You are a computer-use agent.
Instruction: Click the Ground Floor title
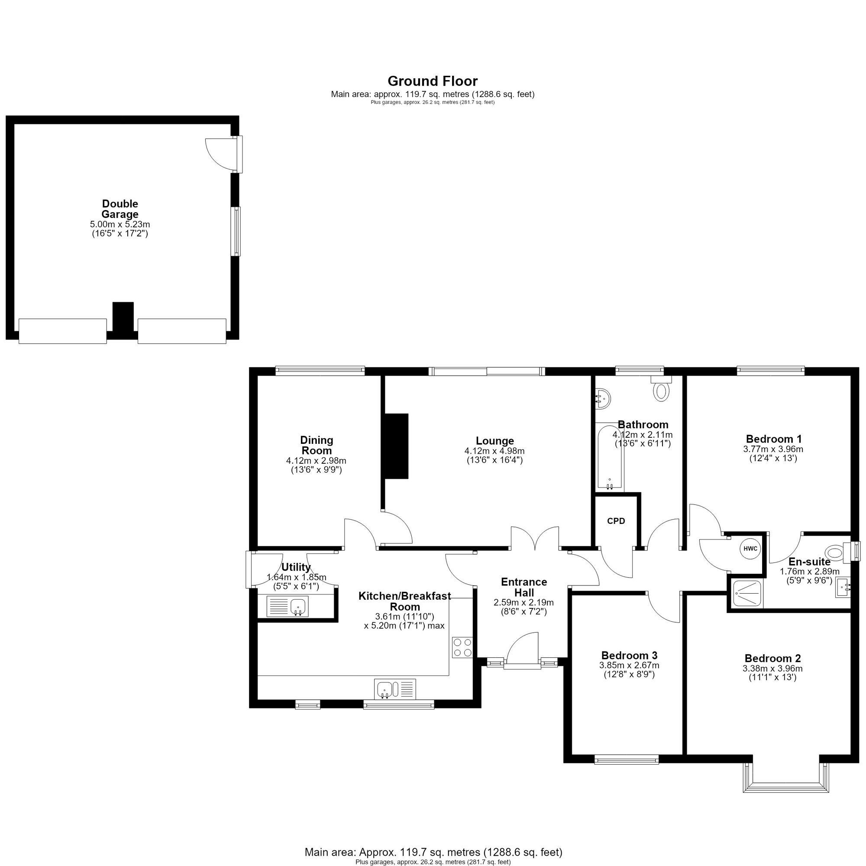433,81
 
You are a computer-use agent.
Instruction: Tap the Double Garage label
120,209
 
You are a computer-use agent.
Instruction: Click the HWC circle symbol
750,549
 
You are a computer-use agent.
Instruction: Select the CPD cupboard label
616,521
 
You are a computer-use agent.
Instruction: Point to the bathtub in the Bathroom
610,457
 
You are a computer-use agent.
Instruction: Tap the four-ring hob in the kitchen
462,647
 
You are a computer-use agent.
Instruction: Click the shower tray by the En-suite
746,594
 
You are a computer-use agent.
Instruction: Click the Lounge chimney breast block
395,446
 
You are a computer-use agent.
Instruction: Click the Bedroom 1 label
774,439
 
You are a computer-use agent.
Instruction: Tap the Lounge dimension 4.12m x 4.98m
494,451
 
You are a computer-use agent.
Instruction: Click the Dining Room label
317,445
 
